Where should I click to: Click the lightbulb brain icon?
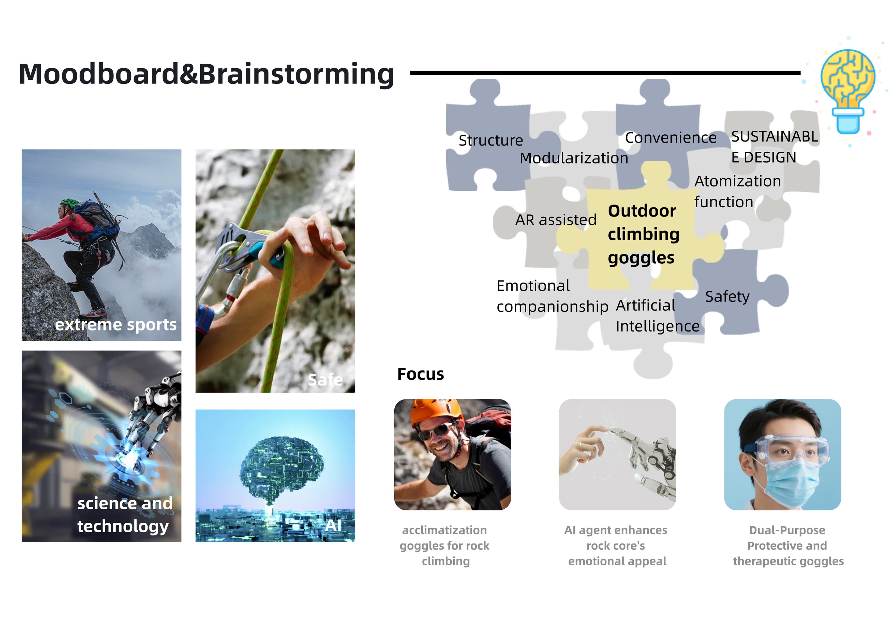tap(848, 91)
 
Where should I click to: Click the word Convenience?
tap(671, 138)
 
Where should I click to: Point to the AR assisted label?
tap(556, 220)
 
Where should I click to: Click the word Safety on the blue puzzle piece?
tap(727, 297)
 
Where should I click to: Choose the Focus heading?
tap(420, 374)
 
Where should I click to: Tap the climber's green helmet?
tap(70, 203)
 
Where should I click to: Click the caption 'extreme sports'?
tap(116, 325)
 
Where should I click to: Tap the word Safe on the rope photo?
tap(325, 380)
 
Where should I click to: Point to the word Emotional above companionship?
tap(533, 286)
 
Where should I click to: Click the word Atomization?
tap(737, 181)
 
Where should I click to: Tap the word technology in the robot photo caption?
tap(123, 526)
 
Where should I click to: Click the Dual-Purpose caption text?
tap(787, 530)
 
